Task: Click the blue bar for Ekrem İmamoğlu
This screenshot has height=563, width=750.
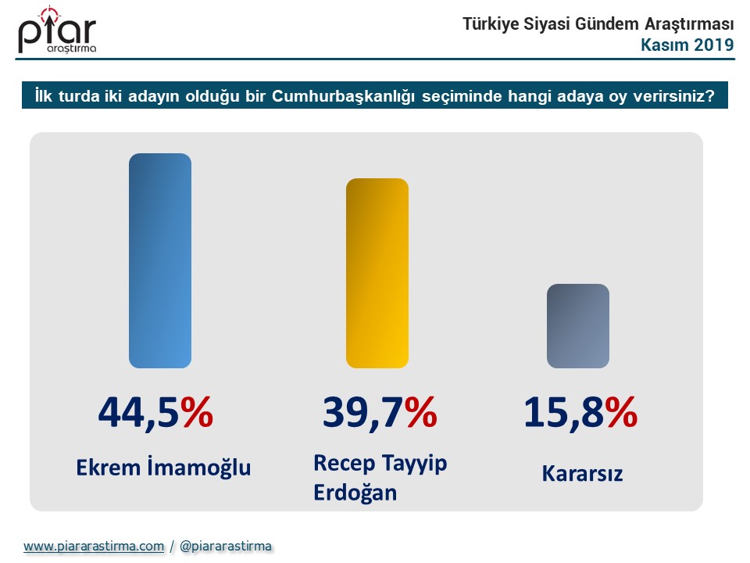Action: point(160,260)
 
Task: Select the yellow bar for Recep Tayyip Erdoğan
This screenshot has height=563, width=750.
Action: point(377,273)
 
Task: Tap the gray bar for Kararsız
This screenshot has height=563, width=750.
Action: point(577,325)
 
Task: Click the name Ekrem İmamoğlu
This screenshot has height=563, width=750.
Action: point(163,468)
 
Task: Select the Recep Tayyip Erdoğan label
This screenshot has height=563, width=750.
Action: point(380,478)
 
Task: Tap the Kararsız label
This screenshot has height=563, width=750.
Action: point(582,474)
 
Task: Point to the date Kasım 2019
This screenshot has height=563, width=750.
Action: point(687,45)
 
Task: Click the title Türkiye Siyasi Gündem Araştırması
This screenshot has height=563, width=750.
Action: point(598,24)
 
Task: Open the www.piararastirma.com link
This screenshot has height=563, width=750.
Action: point(94,547)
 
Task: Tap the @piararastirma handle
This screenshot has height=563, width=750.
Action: point(226,547)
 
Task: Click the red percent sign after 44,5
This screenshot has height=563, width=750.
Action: point(196,412)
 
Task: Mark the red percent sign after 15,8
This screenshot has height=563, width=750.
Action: point(622,412)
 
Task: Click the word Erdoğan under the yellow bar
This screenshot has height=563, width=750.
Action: point(355,493)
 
